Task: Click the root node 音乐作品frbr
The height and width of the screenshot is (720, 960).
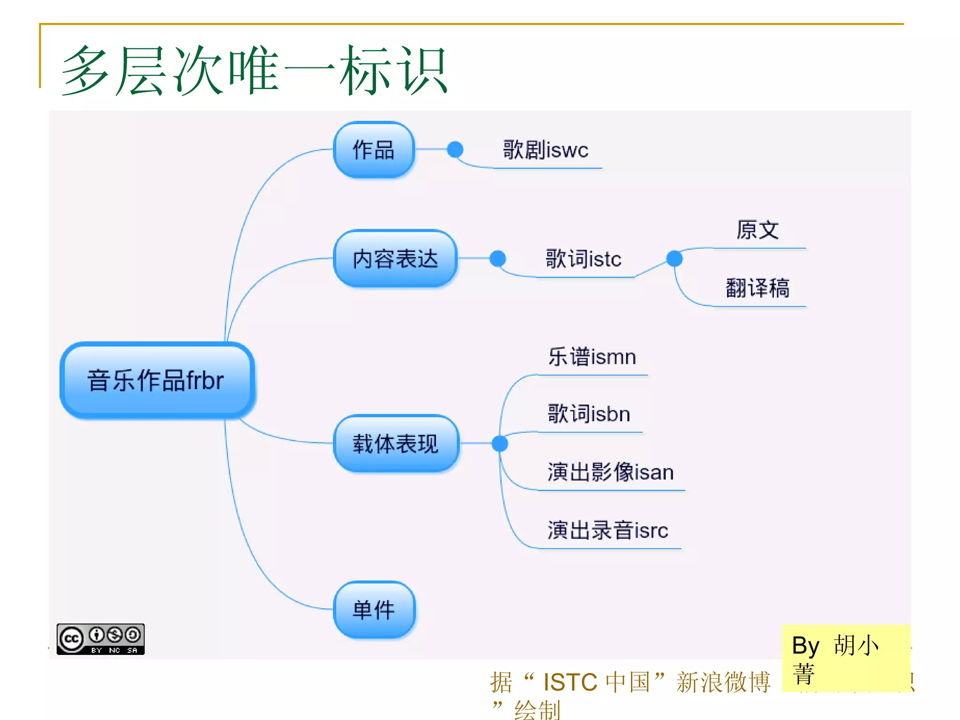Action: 157,380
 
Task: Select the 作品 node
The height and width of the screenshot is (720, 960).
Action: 374,150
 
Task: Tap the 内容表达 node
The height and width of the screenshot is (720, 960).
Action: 395,259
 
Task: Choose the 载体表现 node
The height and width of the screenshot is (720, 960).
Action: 395,443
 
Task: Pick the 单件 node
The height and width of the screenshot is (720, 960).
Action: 374,610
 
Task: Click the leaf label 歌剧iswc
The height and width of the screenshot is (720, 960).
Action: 545,150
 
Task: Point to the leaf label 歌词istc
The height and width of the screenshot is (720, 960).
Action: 583,259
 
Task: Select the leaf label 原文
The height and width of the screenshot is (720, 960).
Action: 757,230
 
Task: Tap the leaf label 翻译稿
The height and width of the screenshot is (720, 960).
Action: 757,288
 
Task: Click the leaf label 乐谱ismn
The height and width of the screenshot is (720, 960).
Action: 592,357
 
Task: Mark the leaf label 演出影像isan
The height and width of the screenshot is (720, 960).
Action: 610,472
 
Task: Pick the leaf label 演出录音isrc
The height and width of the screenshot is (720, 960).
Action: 607,530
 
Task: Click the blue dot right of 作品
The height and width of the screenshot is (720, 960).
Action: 455,150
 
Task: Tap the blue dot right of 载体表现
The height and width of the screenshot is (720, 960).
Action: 500,443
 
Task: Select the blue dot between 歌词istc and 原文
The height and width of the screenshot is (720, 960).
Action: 674,258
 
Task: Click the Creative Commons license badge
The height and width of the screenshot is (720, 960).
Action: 100,639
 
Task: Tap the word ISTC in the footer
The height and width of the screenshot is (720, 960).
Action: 570,682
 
